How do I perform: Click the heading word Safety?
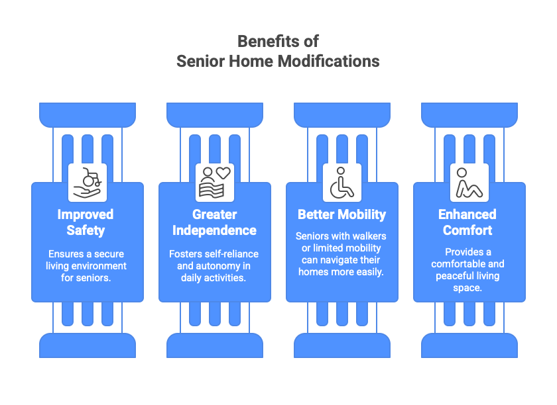pyautogui.click(x=86, y=230)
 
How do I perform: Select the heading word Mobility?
pyautogui.click(x=362, y=214)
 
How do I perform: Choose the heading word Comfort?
pyautogui.click(x=468, y=230)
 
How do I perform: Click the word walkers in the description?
pyautogui.click(x=369, y=236)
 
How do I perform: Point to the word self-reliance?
pyautogui.click(x=233, y=254)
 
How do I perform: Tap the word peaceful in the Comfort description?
pyautogui.click(x=456, y=276)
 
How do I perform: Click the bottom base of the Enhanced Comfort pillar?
pyautogui.click(x=469, y=345)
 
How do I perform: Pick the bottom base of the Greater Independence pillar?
pyautogui.click(x=215, y=345)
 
